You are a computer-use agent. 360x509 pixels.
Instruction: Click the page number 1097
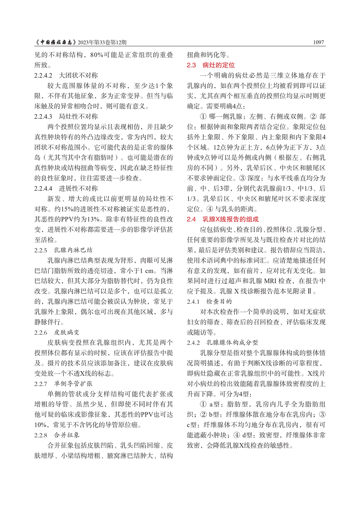point(318,43)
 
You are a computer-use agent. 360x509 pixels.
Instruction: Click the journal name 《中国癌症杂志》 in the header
point(56,43)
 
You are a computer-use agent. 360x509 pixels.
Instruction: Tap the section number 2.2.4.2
point(43,75)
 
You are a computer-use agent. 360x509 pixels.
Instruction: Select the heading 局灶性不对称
point(78,117)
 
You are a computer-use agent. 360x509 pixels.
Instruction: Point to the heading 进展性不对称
point(78,189)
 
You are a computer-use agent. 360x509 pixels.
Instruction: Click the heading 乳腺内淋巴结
point(73,250)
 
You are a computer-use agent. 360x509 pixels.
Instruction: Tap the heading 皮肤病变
point(67,332)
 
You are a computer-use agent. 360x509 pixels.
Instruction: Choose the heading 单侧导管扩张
point(73,384)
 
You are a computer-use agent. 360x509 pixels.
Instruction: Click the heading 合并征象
point(67,435)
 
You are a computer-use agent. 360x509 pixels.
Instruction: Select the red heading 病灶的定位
point(218,65)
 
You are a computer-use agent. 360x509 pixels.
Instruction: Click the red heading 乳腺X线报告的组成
point(230,219)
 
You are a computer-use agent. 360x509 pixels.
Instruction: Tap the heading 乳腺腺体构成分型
point(232,343)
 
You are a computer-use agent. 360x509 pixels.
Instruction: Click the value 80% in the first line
point(97,55)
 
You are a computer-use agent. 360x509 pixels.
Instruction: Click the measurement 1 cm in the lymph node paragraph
point(146,271)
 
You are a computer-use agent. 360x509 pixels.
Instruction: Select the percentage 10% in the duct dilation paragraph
point(40,425)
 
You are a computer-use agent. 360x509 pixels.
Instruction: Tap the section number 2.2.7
point(40,384)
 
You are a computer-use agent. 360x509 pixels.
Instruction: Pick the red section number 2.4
point(191,219)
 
